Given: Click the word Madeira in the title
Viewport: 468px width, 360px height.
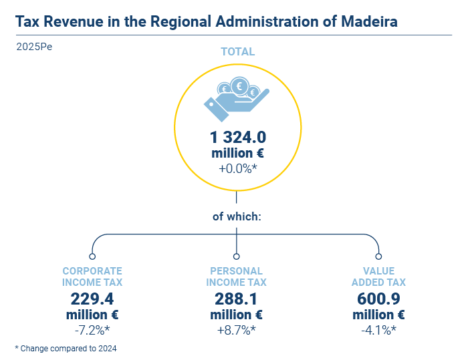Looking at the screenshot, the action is pos(369,21).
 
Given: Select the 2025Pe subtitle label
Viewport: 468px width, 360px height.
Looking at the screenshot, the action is pos(34,47).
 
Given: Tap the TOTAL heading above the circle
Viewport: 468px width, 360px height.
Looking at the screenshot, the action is pos(238,51).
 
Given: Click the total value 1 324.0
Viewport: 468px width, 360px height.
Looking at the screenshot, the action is pos(238,137).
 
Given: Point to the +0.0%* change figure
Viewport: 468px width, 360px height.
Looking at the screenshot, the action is pos(238,168).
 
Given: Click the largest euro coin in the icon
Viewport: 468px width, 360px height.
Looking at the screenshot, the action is pos(239,86).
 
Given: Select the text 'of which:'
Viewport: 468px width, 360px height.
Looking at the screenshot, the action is pos(237,216).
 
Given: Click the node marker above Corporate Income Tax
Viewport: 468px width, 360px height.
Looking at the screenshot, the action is pos(92,256).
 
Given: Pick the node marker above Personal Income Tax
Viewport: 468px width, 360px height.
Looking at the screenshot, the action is pos(237,256).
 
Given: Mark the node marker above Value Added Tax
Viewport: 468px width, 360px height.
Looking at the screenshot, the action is pos(378,256).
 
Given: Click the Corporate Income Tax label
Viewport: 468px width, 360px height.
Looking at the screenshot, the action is pos(92,277).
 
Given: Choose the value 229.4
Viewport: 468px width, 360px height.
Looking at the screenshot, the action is pos(92,299).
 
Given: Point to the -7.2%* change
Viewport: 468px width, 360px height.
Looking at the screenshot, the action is pos(92,330).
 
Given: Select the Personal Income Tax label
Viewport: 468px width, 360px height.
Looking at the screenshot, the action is pos(237,277).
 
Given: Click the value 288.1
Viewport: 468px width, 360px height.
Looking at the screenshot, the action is pos(236,299).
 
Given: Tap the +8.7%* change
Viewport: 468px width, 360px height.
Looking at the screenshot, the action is pos(237,330).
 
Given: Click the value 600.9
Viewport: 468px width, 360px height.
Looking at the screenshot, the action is pos(378,299).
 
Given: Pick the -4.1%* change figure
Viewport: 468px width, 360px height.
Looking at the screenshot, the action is pos(378,330).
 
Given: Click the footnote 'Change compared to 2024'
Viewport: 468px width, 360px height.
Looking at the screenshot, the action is pos(68,349).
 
